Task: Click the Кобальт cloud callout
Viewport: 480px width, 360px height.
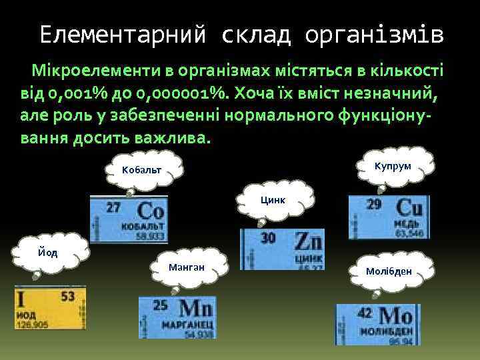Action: (141, 171)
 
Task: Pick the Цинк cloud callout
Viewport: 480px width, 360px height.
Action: (273, 199)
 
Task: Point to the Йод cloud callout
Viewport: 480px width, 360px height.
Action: (47, 252)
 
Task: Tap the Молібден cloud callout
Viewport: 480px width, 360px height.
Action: (389, 271)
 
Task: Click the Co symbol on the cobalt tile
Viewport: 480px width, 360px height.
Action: (149, 212)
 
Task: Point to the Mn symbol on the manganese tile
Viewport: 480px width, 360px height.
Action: (197, 308)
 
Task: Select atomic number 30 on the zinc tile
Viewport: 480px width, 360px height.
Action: (268, 238)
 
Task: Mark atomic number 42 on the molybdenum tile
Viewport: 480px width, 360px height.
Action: (365, 313)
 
